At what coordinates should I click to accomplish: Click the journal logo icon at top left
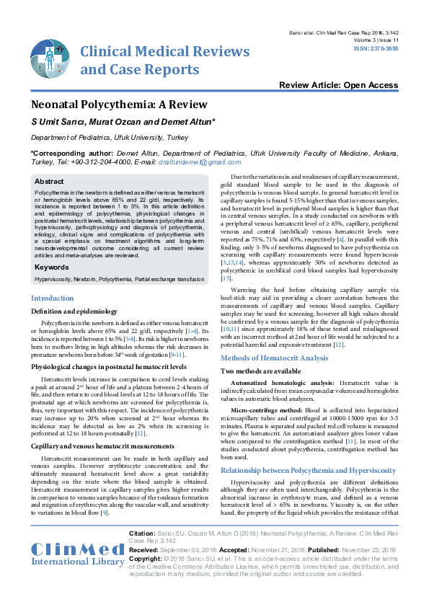click(x=50, y=58)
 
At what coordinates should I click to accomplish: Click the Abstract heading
click(x=49, y=182)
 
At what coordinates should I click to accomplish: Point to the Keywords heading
click(x=52, y=267)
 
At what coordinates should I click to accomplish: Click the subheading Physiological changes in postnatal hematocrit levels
click(x=108, y=367)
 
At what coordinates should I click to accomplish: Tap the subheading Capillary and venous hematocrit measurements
click(x=100, y=427)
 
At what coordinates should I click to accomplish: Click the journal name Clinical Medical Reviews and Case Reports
click(x=164, y=60)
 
